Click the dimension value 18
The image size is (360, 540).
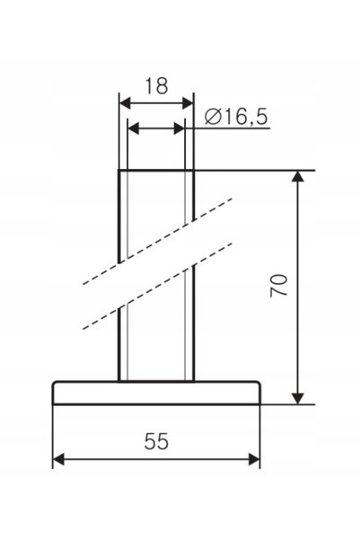click(x=156, y=85)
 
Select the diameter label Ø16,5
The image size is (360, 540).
click(x=236, y=117)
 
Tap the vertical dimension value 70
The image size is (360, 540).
click(x=279, y=286)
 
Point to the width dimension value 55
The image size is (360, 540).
click(x=156, y=441)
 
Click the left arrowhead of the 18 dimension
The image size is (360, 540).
click(x=125, y=103)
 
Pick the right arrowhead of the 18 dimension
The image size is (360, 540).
click(x=188, y=103)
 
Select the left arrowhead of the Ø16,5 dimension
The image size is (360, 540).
click(x=133, y=128)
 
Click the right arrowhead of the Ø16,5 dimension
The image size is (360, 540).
click(x=180, y=128)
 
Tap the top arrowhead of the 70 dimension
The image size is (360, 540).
click(x=298, y=176)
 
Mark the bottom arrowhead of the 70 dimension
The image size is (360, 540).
click(x=298, y=398)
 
